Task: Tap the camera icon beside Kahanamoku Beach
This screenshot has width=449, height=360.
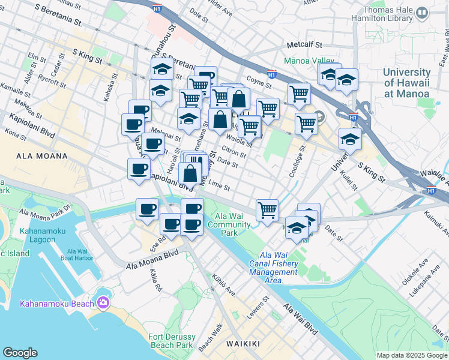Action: pyautogui.click(x=103, y=303)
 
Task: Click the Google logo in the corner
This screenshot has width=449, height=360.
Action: pyautogui.click(x=20, y=353)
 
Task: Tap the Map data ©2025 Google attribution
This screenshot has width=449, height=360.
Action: pyautogui.click(x=411, y=355)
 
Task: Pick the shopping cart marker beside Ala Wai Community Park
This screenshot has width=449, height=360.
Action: pyautogui.click(x=267, y=211)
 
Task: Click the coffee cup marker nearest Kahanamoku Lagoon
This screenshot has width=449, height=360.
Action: pyautogui.click(x=148, y=209)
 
